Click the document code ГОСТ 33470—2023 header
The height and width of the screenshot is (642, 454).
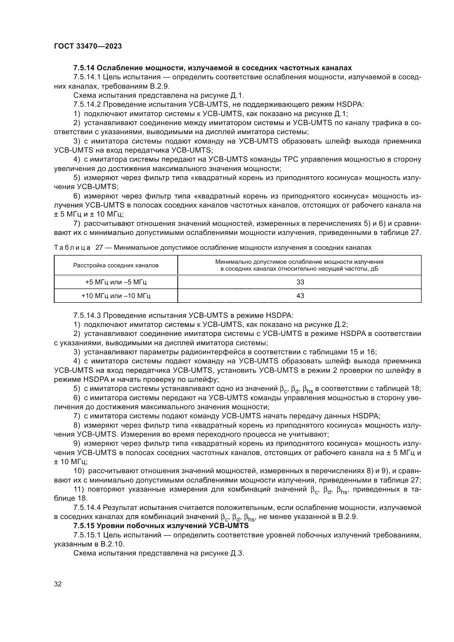(88, 46)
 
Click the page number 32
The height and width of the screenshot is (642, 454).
(58, 584)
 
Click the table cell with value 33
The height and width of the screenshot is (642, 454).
(300, 282)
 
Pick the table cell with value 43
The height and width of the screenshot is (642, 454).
(300, 296)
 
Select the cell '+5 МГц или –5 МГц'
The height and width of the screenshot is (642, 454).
(116, 282)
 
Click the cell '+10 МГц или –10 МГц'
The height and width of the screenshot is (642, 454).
(116, 296)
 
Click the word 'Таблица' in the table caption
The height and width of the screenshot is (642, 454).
(72, 248)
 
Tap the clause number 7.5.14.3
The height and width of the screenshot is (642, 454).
(87, 315)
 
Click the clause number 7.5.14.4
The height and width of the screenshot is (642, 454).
(87, 508)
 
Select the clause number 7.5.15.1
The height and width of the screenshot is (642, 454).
(87, 535)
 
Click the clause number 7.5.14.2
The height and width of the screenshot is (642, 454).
(87, 105)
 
